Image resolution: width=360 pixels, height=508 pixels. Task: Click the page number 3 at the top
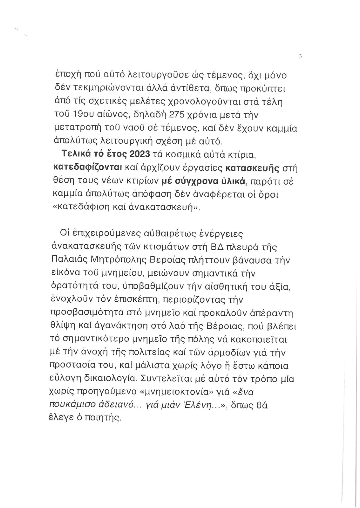tap(300, 56)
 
